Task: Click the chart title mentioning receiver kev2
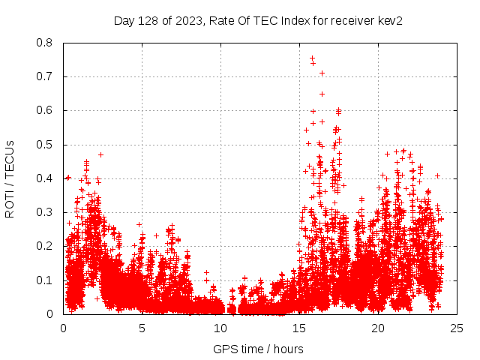258,21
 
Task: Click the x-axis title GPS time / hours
258,349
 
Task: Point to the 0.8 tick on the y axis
46,43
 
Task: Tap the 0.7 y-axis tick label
46,76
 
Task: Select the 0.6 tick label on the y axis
46,110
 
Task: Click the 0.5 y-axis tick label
46,145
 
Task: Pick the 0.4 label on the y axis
46,178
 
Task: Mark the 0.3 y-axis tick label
46,212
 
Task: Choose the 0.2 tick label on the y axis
46,246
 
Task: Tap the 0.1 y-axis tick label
46,280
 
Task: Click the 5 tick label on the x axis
142,328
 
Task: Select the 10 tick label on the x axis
220,328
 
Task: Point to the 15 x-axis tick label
299,328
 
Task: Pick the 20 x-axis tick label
378,328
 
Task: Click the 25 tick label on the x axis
457,328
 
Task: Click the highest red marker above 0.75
312,57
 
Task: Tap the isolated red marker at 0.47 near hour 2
100,154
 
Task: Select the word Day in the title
124,21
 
